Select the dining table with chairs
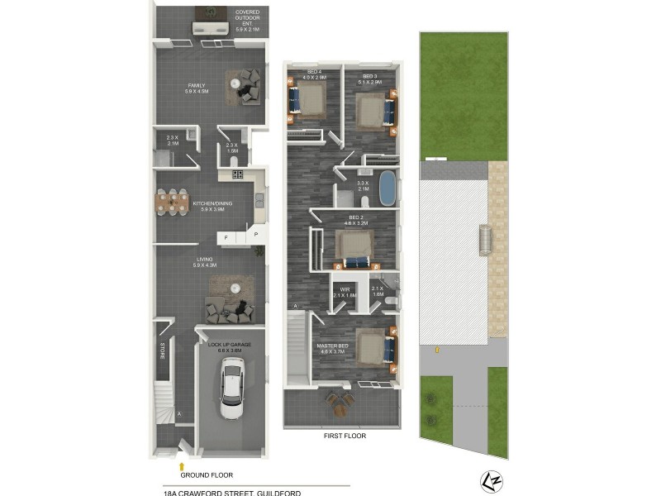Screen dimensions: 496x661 pyautogui.click(x=174, y=203)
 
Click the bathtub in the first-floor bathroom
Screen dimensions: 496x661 pyautogui.click(x=387, y=188)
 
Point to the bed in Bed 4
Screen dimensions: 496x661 pyautogui.click(x=308, y=101)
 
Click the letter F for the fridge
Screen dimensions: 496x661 pyautogui.click(x=226, y=237)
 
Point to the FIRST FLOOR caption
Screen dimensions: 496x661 pyautogui.click(x=345, y=436)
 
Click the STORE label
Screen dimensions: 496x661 pyautogui.click(x=162, y=351)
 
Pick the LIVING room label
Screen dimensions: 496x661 pyautogui.click(x=204, y=262)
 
